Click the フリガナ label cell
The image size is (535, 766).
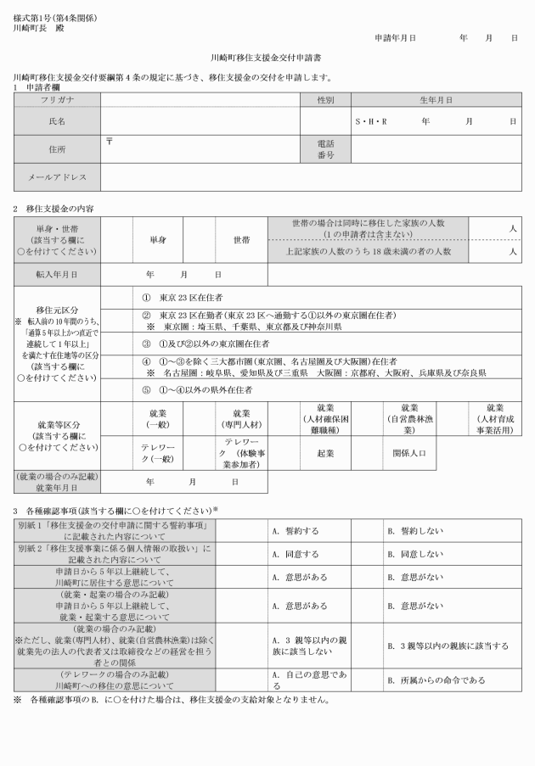point(57,100)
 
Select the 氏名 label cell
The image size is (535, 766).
point(57,121)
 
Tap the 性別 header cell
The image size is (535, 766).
point(325,100)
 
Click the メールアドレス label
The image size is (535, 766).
point(57,178)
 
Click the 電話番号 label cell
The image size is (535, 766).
point(325,150)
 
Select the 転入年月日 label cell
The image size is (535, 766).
point(57,275)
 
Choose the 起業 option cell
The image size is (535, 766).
point(325,453)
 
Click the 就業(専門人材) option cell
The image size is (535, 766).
point(241,417)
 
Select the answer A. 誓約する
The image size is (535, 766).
point(296,531)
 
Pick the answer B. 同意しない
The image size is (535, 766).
point(415,554)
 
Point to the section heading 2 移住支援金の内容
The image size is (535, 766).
point(53,208)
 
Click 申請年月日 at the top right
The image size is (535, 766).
point(395,39)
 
